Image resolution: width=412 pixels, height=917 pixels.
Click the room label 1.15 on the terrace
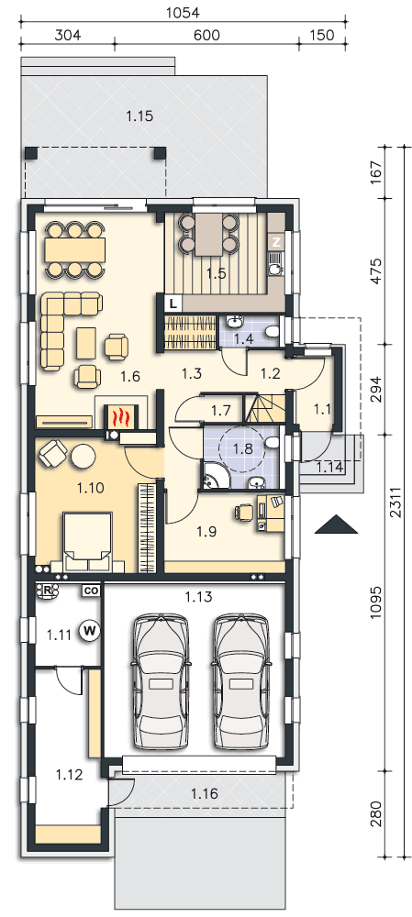(139, 116)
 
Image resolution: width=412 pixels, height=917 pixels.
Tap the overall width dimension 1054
(184, 13)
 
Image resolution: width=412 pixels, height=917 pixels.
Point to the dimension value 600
(206, 35)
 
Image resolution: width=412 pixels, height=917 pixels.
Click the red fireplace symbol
(120, 416)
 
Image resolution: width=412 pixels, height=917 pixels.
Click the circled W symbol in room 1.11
(90, 630)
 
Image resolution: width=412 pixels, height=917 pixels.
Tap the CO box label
(90, 591)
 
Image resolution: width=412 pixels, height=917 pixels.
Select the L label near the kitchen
(173, 303)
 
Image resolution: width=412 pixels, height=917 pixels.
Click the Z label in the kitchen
(276, 241)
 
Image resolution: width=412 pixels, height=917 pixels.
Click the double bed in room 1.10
(88, 542)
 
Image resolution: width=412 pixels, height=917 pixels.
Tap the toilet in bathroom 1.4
(272, 332)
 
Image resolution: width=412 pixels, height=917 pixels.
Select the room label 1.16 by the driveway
(205, 793)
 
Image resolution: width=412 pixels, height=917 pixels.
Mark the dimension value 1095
(378, 606)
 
